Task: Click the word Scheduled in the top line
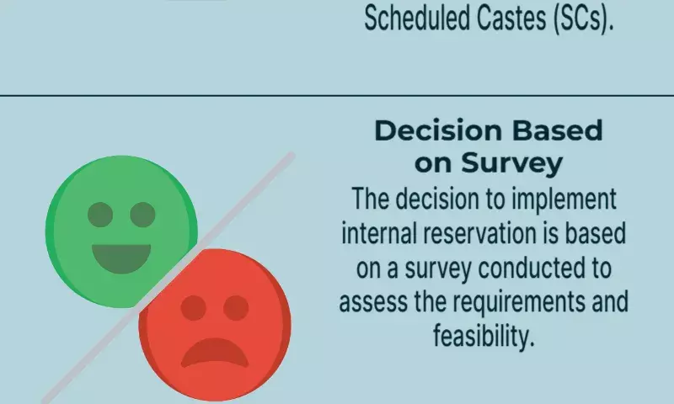[x=416, y=18]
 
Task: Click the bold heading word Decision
[x=438, y=130]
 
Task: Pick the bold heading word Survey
[x=512, y=163]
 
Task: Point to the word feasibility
[x=484, y=336]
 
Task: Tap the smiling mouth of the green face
[x=121, y=258]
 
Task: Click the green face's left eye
[x=100, y=215]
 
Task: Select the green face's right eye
[x=142, y=215]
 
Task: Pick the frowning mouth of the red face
[x=215, y=351]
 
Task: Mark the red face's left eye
[x=194, y=308]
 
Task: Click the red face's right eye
[x=236, y=308]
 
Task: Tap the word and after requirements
[x=610, y=301]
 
